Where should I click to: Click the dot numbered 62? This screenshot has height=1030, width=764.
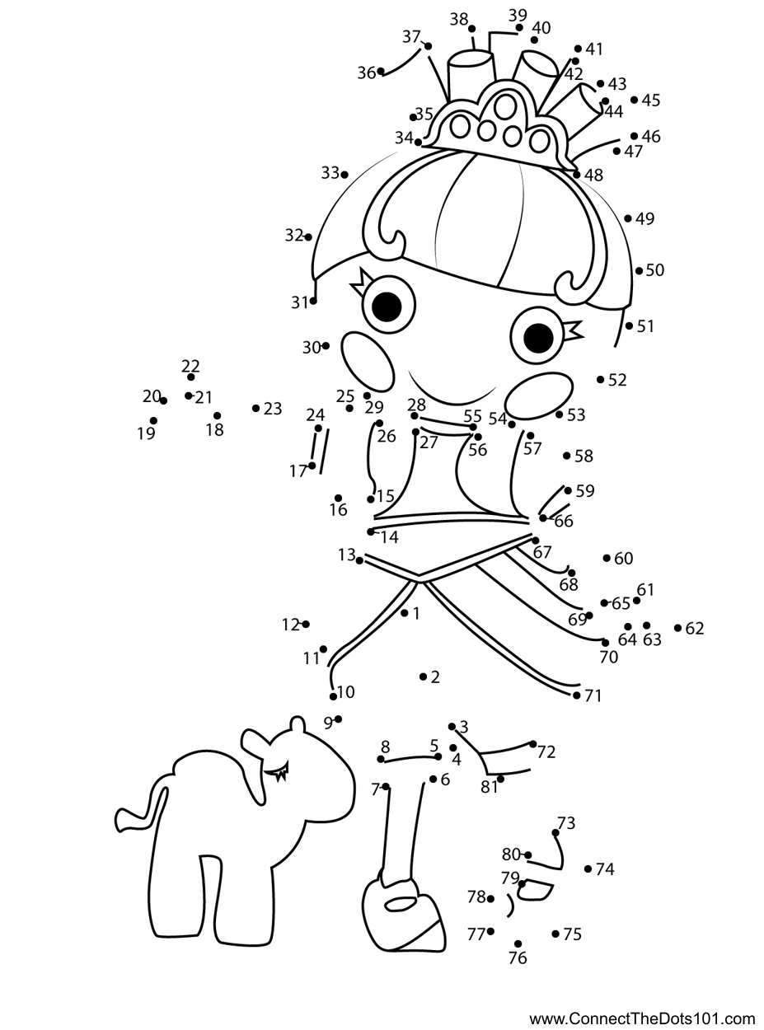tap(677, 628)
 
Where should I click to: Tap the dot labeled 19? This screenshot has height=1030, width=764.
tap(154, 421)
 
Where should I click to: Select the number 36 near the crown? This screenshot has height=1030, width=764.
tap(366, 73)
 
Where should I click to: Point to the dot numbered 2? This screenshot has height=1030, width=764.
tap(423, 677)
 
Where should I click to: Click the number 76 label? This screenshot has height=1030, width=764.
tap(518, 958)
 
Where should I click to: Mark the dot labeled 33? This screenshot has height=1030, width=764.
tap(344, 174)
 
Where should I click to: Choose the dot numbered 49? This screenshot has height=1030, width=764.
tap(628, 218)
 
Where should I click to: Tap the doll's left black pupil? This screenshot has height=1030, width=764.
tap(387, 307)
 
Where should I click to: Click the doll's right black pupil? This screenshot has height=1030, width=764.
tap(537, 336)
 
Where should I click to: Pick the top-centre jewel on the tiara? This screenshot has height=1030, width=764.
tap(504, 105)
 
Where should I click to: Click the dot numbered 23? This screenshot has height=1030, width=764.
tap(256, 408)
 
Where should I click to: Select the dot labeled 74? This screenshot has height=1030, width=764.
tap(588, 868)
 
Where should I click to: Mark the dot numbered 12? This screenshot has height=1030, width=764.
tap(306, 625)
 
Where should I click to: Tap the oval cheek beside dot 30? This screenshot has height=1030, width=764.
tap(368, 360)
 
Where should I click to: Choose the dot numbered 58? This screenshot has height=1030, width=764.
tap(567, 456)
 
